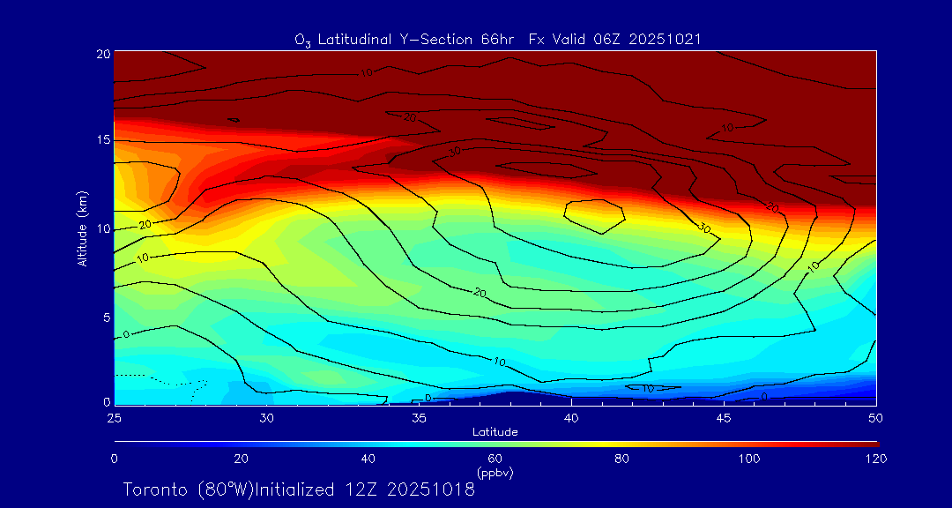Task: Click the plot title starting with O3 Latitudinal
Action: [x=498, y=39]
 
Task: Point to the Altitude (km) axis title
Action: [x=82, y=228]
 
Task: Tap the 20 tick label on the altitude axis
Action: [x=101, y=54]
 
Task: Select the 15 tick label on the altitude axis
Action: [x=101, y=141]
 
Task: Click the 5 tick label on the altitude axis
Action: [x=105, y=317]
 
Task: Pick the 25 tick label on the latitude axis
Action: [x=114, y=417]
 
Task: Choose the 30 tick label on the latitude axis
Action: [x=266, y=417]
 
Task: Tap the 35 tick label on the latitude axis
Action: [x=419, y=417]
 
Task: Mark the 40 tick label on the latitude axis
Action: [x=571, y=417]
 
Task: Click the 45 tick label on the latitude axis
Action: [x=724, y=417]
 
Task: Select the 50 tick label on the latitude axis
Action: [x=876, y=417]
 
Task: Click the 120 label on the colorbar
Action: [x=876, y=459]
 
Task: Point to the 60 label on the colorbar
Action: [x=495, y=459]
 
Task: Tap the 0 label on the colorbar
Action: [x=114, y=459]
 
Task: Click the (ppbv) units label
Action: [x=495, y=473]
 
